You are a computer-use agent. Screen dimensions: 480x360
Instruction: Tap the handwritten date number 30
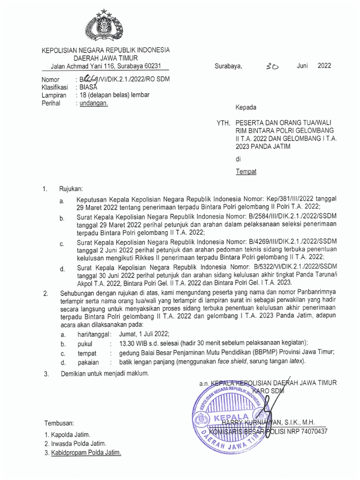coord(271,67)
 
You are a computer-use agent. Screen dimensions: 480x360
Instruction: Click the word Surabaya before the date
coord(228,66)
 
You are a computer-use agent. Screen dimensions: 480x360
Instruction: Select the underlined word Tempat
coord(246,171)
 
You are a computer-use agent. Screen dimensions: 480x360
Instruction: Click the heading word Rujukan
coord(70,189)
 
